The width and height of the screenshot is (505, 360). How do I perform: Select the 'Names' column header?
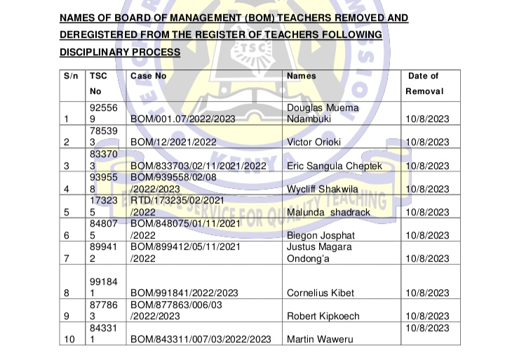302,76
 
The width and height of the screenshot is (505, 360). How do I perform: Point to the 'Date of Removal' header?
424,84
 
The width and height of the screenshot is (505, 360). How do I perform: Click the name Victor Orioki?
314,142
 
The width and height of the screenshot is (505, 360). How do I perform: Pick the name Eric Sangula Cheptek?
335,166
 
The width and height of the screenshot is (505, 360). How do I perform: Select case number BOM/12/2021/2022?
174,142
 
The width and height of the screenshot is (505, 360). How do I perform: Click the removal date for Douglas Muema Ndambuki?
427,119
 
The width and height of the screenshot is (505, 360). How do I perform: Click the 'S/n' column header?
71,76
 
